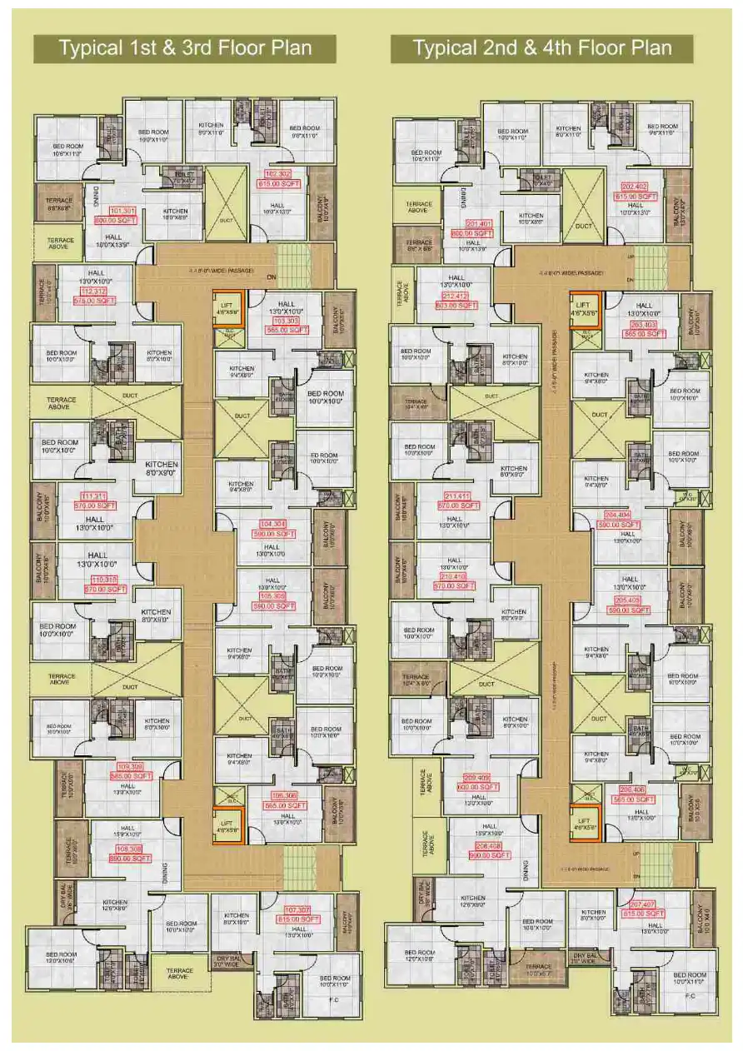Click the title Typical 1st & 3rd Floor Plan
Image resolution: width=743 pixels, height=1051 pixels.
tap(185, 48)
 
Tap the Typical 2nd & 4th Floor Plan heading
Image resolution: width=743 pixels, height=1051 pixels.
tap(542, 48)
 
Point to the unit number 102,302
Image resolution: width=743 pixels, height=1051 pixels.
tap(278, 174)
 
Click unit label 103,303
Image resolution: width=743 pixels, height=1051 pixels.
tap(285, 321)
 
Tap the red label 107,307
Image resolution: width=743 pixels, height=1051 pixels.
tap(302, 909)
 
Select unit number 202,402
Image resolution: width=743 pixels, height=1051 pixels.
tap(635, 187)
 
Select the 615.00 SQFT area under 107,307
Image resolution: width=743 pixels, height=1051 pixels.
tap(302, 919)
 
